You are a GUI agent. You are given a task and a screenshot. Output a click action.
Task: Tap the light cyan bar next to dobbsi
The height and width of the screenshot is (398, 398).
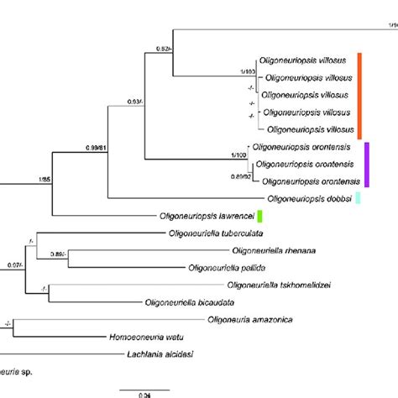click(359, 198)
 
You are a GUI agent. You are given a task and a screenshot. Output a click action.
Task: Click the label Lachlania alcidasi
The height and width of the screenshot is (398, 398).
click(164, 354)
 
